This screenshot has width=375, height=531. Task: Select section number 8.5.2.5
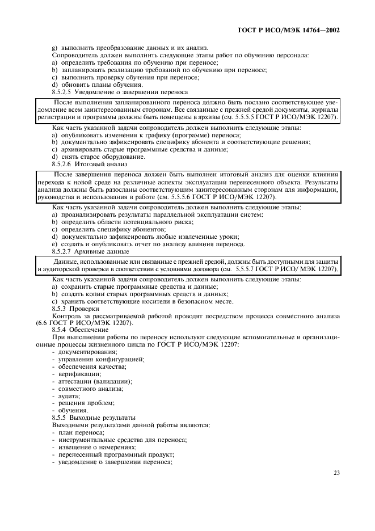point(64,91)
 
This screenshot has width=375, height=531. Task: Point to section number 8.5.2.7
point(64,251)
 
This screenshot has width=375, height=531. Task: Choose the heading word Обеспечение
point(90,329)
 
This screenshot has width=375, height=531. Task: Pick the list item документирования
point(83,352)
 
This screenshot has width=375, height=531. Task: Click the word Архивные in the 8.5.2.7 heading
point(95,251)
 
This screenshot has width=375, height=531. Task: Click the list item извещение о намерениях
point(93,447)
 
